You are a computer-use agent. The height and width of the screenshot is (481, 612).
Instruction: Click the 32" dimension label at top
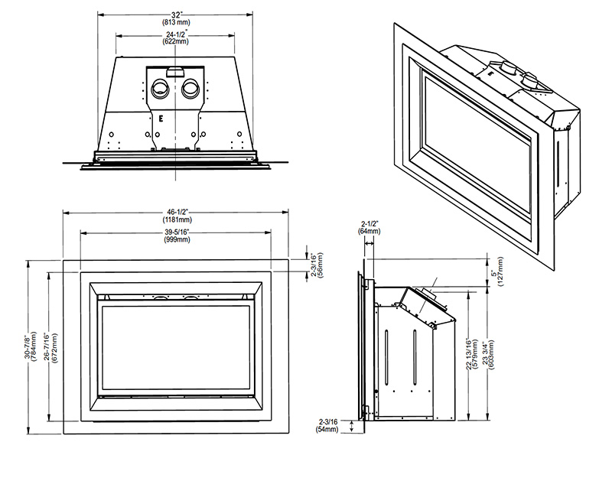pyautogui.click(x=176, y=15)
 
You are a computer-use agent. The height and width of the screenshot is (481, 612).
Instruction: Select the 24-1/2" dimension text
pyautogui.click(x=177, y=34)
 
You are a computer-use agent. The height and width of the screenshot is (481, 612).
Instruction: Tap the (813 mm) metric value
pyautogui.click(x=176, y=22)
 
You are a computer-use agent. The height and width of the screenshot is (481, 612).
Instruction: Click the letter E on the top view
pyautogui.click(x=160, y=119)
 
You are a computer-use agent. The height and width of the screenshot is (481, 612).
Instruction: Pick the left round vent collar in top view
pyautogui.click(x=161, y=89)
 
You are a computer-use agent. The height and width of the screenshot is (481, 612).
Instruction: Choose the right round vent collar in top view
pyautogui.click(x=190, y=89)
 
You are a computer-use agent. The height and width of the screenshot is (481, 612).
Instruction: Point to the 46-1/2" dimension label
pyautogui.click(x=177, y=213)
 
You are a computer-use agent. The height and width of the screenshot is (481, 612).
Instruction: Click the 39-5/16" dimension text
pyautogui.click(x=177, y=232)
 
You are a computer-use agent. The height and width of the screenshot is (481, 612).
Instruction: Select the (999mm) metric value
pyautogui.click(x=177, y=239)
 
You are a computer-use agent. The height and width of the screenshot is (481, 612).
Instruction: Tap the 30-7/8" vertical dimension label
pyautogui.click(x=27, y=346)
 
